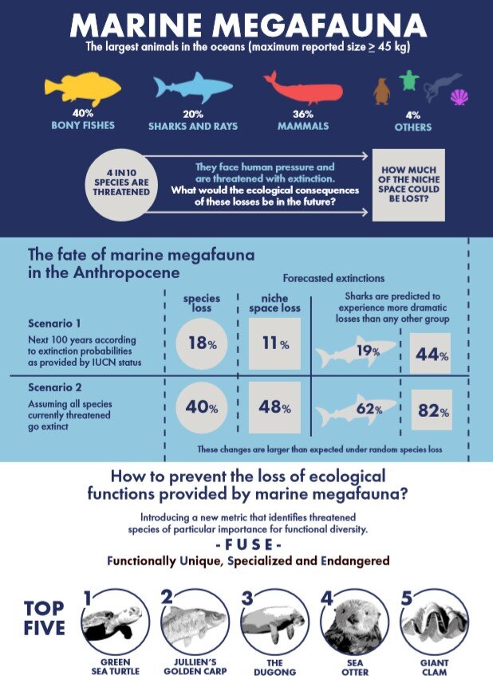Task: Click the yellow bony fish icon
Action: point(81,88)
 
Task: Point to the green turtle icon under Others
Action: point(409,80)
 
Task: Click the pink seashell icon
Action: point(459,98)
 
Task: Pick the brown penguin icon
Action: point(381,92)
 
